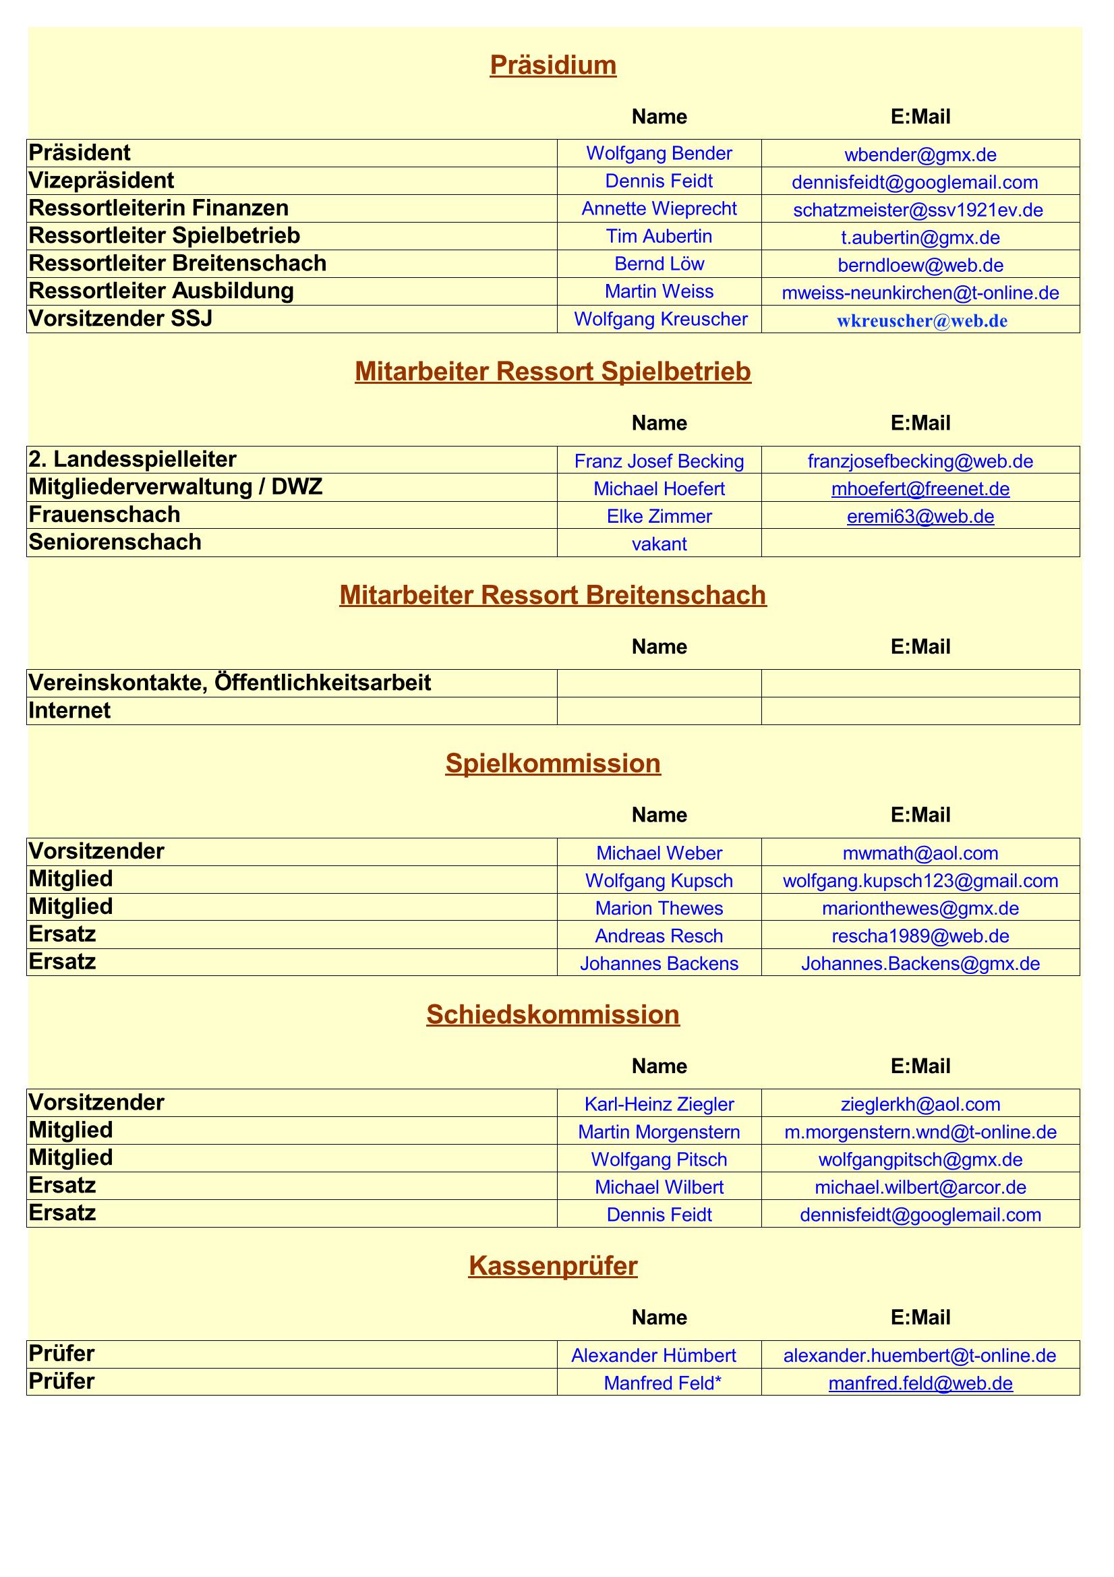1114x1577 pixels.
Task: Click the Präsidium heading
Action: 553,65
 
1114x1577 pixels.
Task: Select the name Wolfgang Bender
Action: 659,153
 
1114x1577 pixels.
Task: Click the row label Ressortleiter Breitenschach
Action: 177,264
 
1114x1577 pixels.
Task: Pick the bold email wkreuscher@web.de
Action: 922,321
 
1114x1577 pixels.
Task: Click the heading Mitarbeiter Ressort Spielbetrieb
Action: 553,372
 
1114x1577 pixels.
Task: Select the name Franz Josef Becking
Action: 659,461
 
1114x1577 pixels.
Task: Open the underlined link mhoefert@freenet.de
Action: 920,489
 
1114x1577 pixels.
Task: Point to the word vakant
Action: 659,544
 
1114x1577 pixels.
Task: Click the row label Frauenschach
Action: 105,515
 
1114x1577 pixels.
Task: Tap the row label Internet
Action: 69,711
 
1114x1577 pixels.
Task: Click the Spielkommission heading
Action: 553,764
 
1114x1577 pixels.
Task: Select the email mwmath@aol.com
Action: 920,853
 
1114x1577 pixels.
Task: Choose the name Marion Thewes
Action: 659,908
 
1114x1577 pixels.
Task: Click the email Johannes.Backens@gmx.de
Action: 920,964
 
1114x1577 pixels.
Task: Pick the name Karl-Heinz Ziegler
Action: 659,1104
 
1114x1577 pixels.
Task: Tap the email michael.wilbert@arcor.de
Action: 920,1187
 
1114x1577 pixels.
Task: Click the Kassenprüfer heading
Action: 553,1266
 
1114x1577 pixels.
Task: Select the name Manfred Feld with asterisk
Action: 662,1383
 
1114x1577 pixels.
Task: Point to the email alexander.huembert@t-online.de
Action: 920,1356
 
